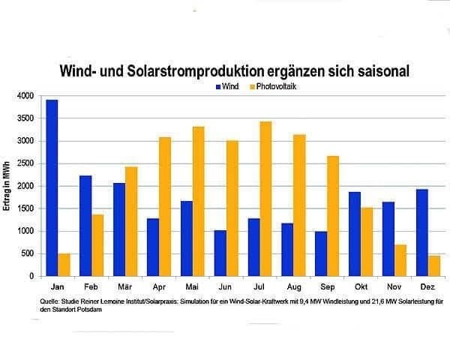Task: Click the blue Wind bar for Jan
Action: [x=52, y=187]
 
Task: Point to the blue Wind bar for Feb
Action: [x=86, y=226]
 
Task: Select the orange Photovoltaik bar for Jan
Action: [x=64, y=265]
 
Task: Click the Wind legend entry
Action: [x=229, y=87]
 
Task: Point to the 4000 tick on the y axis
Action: [x=26, y=96]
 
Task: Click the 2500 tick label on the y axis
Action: [x=26, y=163]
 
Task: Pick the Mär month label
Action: [x=125, y=286]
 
